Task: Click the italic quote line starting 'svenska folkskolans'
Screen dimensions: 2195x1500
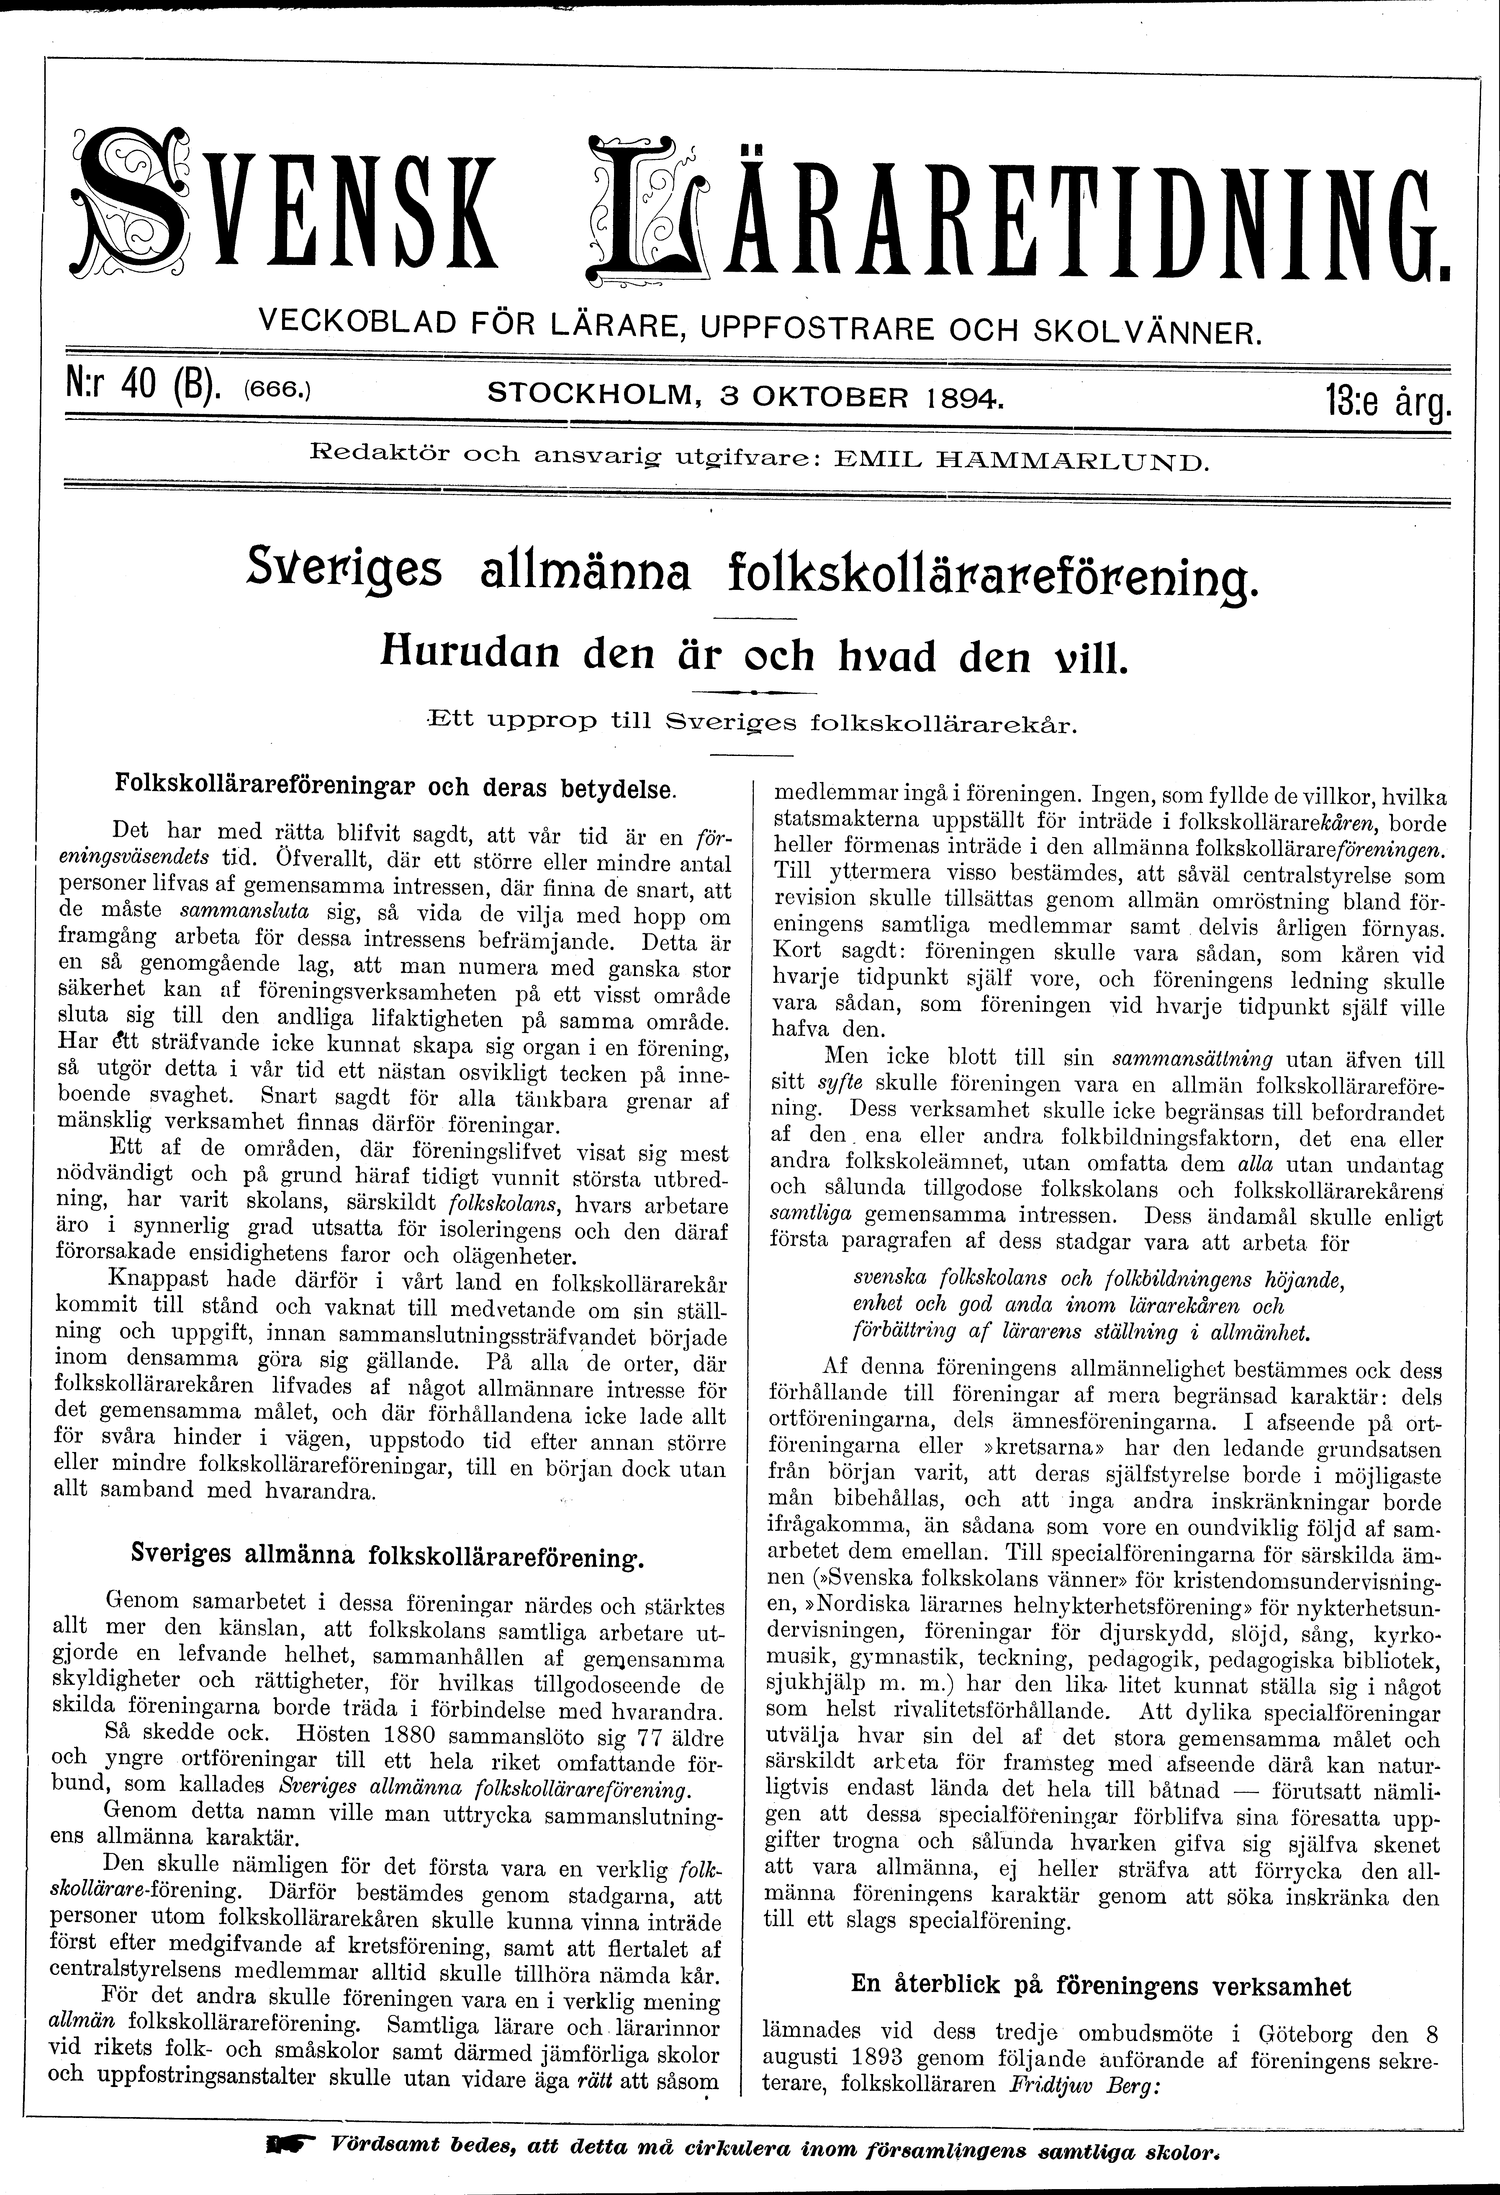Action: (1096, 1280)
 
